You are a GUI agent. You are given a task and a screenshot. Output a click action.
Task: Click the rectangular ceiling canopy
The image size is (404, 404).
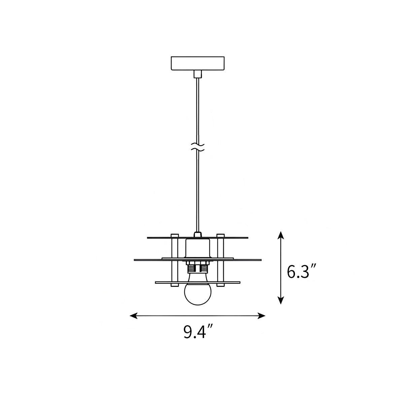[197, 63]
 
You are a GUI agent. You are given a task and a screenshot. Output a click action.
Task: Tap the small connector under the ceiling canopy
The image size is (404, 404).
[198, 74]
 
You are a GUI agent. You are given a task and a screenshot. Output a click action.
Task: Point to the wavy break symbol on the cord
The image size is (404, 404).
[198, 146]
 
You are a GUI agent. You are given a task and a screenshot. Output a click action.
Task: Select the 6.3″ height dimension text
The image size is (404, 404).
[301, 272]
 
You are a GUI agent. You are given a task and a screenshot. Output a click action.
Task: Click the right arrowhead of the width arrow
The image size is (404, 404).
[262, 315]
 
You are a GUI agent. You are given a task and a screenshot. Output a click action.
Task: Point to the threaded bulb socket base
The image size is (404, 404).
[198, 268]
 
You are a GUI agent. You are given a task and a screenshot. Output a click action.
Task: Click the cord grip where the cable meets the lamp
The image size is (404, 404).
[198, 234]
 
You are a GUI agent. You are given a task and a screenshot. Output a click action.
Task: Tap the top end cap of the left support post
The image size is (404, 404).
[175, 235]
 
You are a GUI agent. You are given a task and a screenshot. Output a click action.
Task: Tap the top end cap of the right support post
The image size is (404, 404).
[220, 235]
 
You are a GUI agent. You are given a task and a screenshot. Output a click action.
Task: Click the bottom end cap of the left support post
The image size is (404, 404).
[175, 285]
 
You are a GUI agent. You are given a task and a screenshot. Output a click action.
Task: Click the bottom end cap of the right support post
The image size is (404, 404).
[220, 285]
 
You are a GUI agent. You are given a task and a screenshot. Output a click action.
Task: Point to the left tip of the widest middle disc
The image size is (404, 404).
[135, 260]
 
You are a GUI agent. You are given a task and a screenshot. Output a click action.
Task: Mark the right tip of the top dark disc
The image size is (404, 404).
[247, 238]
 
